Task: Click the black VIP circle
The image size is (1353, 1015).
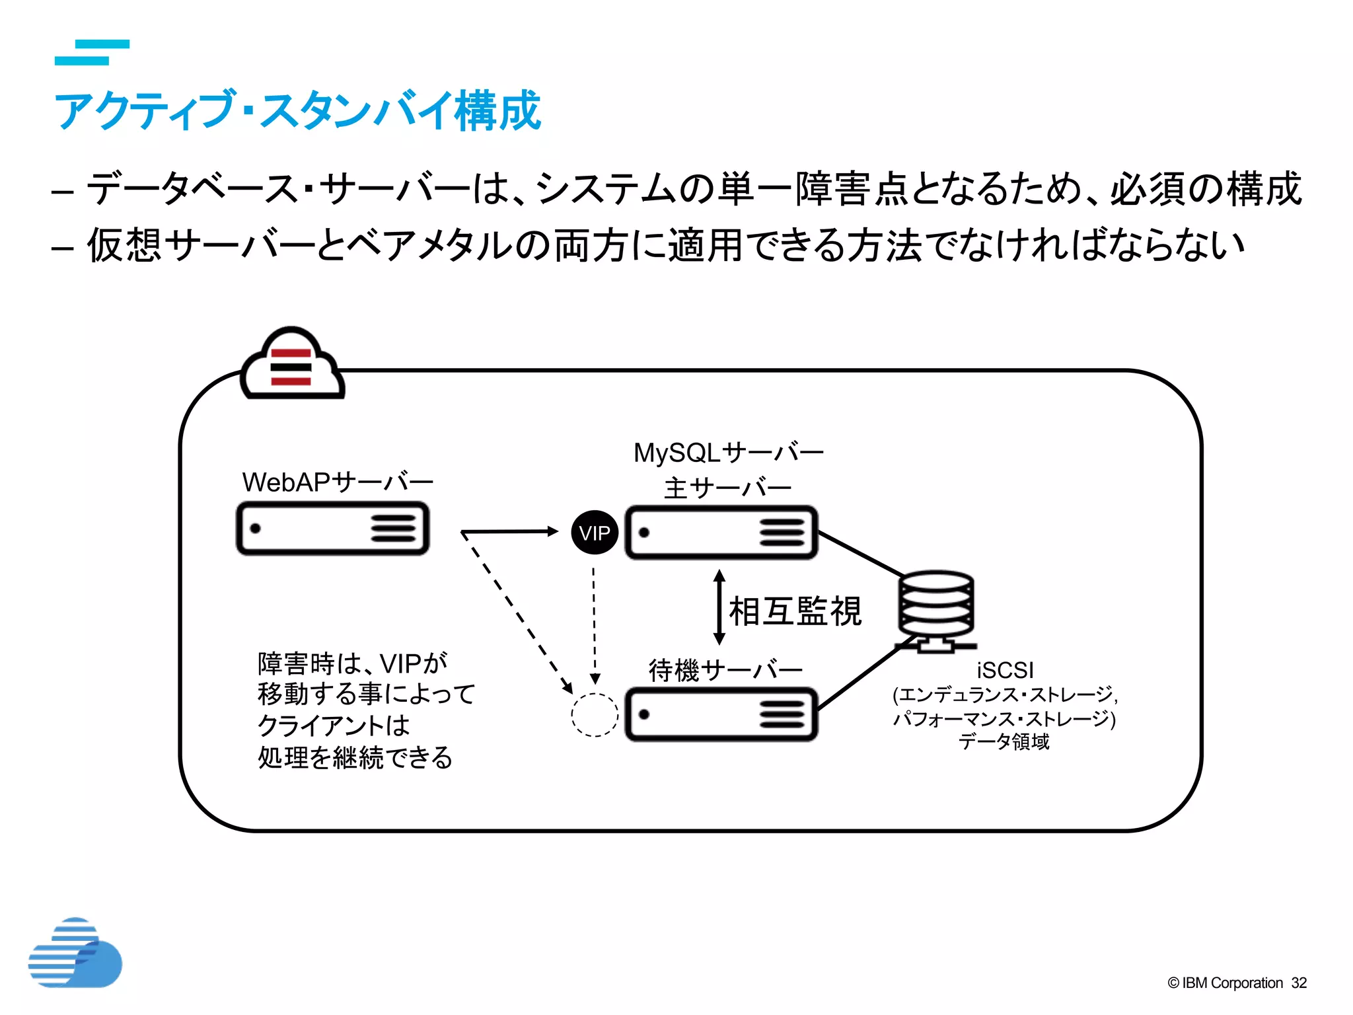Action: [x=595, y=533]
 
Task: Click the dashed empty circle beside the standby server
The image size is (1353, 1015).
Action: [x=595, y=714]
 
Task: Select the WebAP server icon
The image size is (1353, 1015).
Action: [x=333, y=529]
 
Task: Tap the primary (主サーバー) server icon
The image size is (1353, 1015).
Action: [x=721, y=533]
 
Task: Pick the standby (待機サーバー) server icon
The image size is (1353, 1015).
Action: [x=721, y=714]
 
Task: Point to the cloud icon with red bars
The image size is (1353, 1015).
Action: [x=292, y=365]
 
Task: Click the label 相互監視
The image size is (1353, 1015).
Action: [x=795, y=611]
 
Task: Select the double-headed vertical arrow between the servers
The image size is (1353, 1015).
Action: [x=719, y=607]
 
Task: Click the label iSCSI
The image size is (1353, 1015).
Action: [x=1005, y=670]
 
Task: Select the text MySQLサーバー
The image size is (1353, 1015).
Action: [x=728, y=453]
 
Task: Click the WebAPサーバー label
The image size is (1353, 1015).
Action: [x=338, y=482]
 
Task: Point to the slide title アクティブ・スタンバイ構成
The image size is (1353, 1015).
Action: [x=297, y=110]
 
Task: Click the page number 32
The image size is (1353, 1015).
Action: [x=1299, y=983]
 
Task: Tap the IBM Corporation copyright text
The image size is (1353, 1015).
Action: [x=1225, y=983]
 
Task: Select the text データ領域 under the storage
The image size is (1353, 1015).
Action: [x=1004, y=741]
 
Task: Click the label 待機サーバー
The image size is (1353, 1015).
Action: [x=725, y=670]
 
